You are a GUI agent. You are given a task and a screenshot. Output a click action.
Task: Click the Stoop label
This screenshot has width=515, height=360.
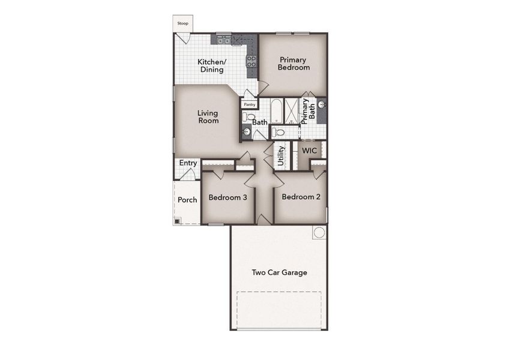182,23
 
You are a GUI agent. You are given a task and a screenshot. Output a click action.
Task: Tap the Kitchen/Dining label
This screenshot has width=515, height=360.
211,65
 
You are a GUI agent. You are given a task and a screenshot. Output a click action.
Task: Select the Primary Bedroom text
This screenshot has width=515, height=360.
293,64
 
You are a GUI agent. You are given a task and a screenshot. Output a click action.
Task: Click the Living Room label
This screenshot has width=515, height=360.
208,116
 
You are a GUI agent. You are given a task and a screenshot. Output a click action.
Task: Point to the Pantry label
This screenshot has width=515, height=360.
249,104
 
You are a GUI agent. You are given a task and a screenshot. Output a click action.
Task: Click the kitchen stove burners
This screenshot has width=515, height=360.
251,61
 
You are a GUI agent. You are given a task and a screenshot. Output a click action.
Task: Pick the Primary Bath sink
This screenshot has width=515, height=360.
322,105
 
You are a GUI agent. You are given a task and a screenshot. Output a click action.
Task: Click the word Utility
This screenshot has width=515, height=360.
281,156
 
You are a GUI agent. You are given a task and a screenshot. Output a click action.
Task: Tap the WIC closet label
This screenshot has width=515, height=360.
309,150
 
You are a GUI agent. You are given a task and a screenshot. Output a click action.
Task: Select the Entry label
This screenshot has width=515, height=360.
188,163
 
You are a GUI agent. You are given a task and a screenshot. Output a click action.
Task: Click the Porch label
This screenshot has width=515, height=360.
187,200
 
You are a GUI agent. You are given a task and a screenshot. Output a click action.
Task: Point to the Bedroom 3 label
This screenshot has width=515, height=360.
228,197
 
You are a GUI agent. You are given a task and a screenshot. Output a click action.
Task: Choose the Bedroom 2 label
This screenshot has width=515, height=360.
301,197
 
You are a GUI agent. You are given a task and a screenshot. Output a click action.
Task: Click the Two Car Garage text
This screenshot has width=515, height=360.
279,272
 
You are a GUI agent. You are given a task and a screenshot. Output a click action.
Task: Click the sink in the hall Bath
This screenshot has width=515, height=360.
246,131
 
